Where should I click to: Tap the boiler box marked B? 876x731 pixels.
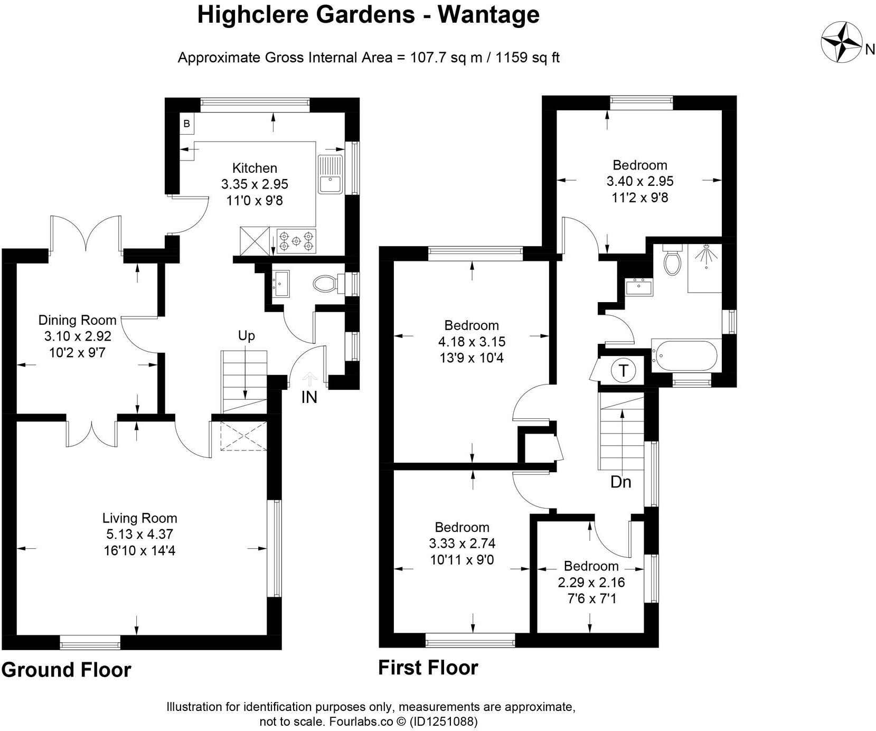point(186,124)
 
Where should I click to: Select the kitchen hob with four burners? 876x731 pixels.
point(296,241)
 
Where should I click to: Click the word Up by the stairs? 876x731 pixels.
point(246,336)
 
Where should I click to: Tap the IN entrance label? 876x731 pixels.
point(309,397)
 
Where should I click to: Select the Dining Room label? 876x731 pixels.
point(77,320)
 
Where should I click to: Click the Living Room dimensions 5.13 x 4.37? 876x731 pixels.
point(139,535)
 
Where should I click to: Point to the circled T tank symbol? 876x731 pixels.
point(623,371)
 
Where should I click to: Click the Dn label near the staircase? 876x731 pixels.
point(620,482)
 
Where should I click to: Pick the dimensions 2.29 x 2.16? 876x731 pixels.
point(591,583)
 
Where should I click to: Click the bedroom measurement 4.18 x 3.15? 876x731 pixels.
point(471,342)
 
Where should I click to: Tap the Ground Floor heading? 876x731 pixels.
point(66,670)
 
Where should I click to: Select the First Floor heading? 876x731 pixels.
point(428,668)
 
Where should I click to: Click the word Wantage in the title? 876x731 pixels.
point(488,15)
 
